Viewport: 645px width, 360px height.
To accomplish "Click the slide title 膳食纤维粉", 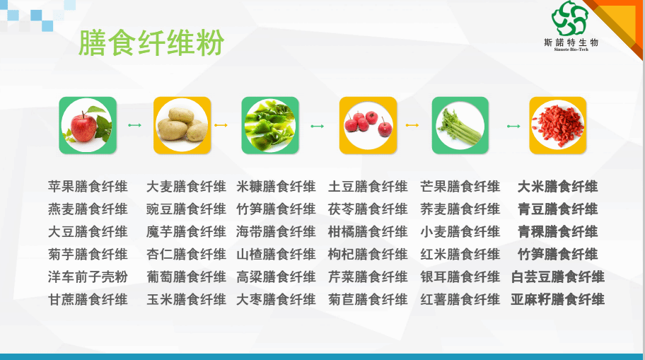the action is click(x=151, y=42).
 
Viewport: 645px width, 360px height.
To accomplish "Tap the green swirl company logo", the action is click(x=570, y=18).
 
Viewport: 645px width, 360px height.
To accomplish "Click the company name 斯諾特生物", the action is click(x=571, y=42).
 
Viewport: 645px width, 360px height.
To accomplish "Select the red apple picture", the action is click(x=88, y=125).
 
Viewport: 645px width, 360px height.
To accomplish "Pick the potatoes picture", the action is click(x=182, y=125).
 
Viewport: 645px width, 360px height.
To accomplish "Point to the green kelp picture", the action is click(x=270, y=125).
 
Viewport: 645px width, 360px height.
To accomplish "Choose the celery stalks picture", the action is click(x=460, y=125).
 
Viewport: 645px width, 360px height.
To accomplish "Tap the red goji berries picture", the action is click(x=558, y=125).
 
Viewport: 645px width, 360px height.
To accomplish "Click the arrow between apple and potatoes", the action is click(x=134, y=125).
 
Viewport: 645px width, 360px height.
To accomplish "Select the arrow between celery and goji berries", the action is click(x=513, y=127).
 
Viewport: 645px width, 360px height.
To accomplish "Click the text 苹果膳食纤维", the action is click(x=88, y=187).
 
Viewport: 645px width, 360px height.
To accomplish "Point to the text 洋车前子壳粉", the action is click(x=88, y=277).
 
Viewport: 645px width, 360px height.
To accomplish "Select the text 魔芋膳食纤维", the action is click(x=186, y=232).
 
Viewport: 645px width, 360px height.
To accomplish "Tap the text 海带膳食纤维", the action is click(x=276, y=232).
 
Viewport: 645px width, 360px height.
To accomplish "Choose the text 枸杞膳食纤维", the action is click(x=368, y=254).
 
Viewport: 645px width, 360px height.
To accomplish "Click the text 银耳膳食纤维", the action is click(x=460, y=277).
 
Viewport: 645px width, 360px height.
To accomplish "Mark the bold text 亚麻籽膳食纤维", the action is click(x=558, y=299).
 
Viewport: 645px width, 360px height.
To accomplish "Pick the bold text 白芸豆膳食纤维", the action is click(x=558, y=277).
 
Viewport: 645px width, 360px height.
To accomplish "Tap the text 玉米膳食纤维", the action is click(x=186, y=299).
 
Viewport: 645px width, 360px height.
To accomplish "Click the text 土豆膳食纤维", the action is click(x=368, y=187).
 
